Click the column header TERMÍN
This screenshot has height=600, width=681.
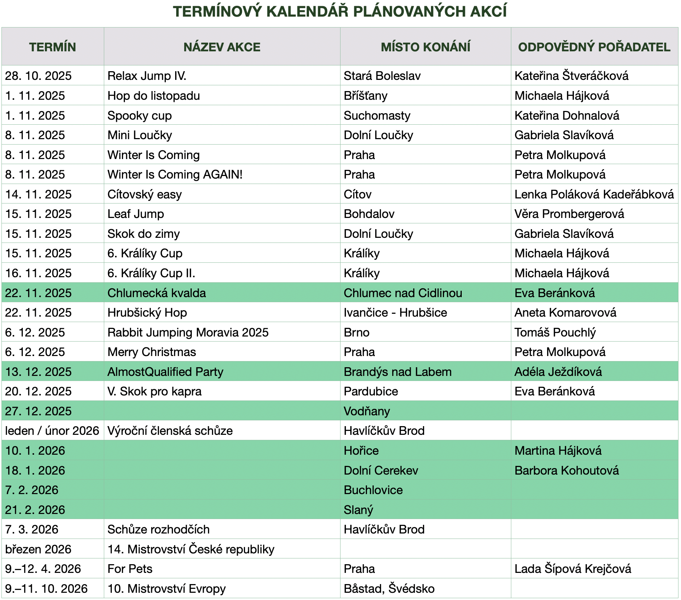coord(52,47)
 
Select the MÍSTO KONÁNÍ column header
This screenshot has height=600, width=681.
coord(425,47)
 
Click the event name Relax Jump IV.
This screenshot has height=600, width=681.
coord(147,76)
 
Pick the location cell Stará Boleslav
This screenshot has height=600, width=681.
coord(382,76)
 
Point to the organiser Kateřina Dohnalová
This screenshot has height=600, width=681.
coord(567,116)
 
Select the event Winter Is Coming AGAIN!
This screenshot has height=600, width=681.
coord(175,175)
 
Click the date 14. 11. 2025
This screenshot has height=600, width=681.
coord(38,194)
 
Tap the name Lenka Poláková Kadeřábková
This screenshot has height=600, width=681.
coord(594,194)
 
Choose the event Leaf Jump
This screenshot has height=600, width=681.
coord(136,214)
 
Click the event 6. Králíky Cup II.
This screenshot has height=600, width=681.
coord(151,273)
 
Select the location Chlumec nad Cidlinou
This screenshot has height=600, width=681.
coord(403,293)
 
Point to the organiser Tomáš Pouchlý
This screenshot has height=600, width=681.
coord(555,333)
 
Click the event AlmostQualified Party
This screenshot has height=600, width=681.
coord(165,372)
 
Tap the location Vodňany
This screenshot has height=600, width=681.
coord(367,411)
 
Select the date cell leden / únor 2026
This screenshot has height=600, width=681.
coord(52,431)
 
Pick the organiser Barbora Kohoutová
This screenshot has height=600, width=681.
coord(567,471)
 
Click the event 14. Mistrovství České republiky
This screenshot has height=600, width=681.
coord(191,549)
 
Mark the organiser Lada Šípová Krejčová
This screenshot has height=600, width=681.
coord(572,569)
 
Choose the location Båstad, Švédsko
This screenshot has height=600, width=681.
coord(389,589)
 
